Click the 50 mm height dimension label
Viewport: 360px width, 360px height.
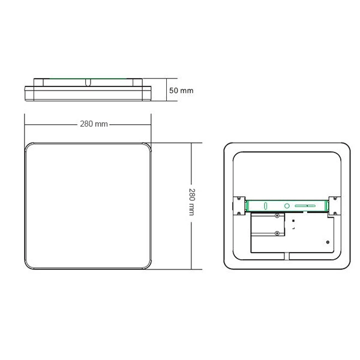[181, 91]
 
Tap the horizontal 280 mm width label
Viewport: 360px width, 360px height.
[94, 124]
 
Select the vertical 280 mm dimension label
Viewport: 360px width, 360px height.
[192, 202]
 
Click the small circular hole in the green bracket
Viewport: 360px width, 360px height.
[287, 206]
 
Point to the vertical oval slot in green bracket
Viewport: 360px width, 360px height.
[265, 206]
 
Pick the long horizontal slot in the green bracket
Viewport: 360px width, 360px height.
[305, 206]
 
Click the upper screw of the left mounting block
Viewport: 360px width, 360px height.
[239, 199]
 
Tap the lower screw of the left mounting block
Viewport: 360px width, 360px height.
[239, 213]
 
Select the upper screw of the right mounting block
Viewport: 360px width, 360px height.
[335, 199]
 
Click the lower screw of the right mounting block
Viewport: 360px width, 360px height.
[335, 214]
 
